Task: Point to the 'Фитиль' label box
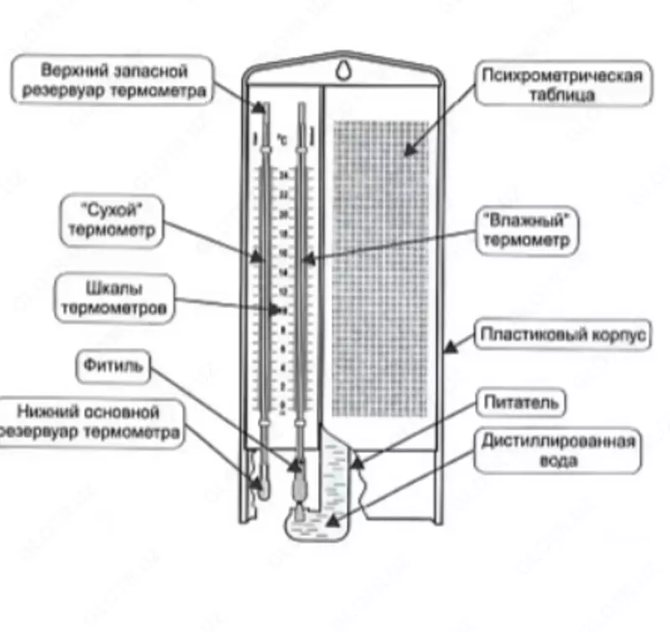(115, 366)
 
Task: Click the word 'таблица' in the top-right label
(562, 95)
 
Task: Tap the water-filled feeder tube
(335, 477)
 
